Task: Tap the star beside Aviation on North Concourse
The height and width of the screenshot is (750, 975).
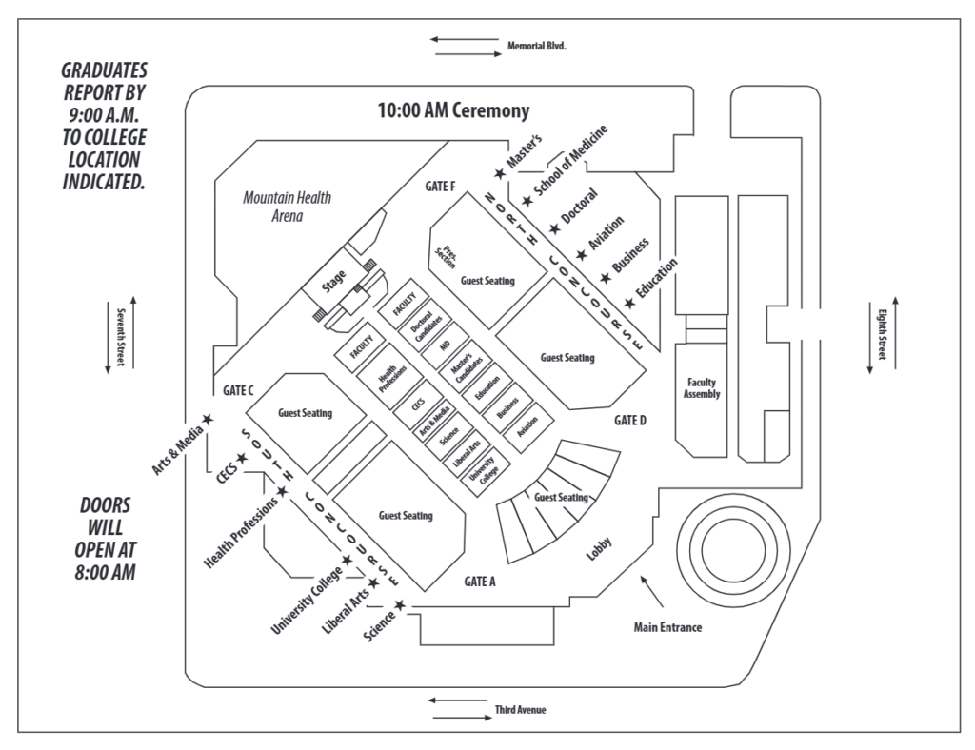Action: click(582, 255)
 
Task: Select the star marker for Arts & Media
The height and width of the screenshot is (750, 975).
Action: click(208, 418)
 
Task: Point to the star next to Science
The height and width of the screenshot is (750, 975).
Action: click(400, 604)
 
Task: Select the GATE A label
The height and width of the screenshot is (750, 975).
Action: click(481, 581)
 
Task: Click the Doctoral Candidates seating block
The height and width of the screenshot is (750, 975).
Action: click(424, 328)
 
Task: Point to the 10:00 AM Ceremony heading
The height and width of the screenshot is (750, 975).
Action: click(453, 111)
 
